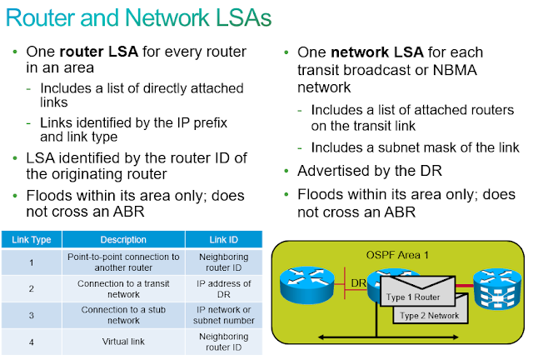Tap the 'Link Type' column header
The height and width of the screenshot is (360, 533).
click(32, 240)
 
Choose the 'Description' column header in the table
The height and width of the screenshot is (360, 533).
click(123, 240)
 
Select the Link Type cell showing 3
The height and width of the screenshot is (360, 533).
click(32, 316)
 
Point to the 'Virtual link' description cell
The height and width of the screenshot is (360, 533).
click(123, 341)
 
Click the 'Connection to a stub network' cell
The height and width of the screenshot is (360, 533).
click(123, 316)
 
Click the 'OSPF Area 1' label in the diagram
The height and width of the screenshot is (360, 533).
click(397, 253)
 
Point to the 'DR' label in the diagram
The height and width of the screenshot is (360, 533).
click(359, 284)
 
